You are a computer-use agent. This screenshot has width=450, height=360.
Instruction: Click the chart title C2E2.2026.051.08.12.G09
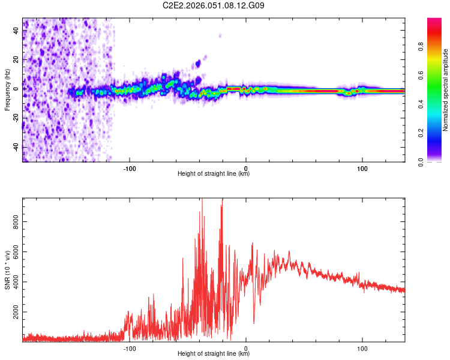[214, 5]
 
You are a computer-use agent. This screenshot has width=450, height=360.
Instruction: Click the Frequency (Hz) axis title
[7, 90]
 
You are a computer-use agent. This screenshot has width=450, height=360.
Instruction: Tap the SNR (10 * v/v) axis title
[7, 270]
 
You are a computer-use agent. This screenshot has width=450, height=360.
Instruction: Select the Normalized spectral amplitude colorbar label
[445, 90]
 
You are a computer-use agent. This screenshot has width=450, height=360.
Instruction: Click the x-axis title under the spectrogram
[214, 174]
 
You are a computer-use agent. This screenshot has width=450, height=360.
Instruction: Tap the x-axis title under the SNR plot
[214, 354]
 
